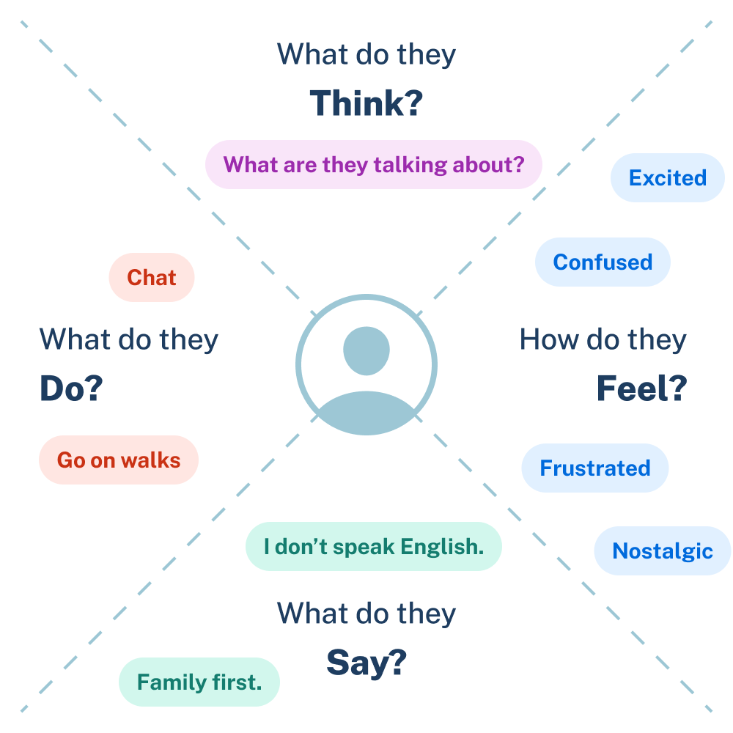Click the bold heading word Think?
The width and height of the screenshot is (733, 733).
click(x=366, y=103)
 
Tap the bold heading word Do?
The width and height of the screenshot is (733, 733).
click(x=71, y=389)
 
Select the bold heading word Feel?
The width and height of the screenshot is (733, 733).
click(x=641, y=389)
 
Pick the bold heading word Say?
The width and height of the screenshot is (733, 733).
click(x=366, y=663)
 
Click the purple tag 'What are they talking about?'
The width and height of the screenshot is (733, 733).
click(x=373, y=164)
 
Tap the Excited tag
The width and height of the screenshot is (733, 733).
click(x=667, y=178)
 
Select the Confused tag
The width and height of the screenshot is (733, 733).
click(x=602, y=262)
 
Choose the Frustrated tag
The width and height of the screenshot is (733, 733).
click(x=594, y=468)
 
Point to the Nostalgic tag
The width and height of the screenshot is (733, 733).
click(x=662, y=551)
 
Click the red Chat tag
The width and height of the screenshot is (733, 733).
click(x=151, y=278)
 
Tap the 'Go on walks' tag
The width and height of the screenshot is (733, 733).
click(x=118, y=460)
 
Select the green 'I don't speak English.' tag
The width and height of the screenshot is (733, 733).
click(x=373, y=547)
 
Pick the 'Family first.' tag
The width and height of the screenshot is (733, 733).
click(x=199, y=682)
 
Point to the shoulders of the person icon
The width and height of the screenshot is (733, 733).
click(x=366, y=414)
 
